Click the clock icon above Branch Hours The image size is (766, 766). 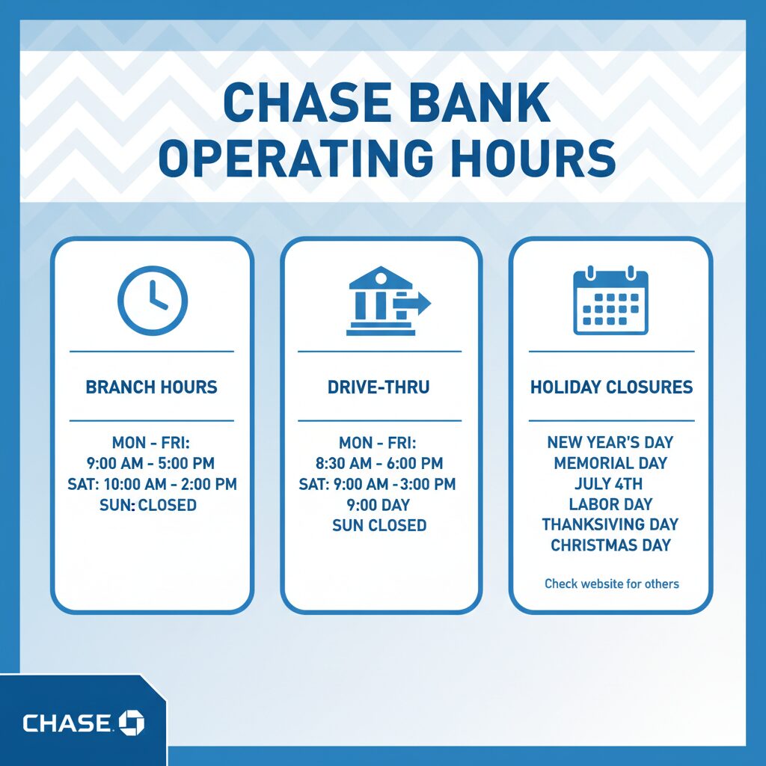(153, 301)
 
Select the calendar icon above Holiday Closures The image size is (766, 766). (610, 301)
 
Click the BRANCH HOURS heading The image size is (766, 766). (152, 387)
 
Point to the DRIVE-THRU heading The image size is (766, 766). (379, 387)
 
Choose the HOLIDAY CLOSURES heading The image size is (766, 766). (611, 387)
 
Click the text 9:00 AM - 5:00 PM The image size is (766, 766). (152, 464)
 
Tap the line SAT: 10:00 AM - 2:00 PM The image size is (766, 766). (152, 484)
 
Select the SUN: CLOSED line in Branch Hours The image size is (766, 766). (148, 505)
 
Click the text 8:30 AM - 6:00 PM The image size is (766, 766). (379, 464)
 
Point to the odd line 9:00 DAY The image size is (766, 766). (379, 505)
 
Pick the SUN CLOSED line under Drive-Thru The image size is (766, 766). (379, 525)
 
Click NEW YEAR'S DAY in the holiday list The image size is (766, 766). (610, 443)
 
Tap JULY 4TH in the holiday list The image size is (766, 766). (610, 483)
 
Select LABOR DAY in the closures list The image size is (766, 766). (610, 503)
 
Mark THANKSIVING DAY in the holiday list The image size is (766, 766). (610, 524)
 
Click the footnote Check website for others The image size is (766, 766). (611, 583)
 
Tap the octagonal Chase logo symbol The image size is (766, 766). (132, 723)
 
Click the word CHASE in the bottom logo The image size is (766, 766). (67, 723)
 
